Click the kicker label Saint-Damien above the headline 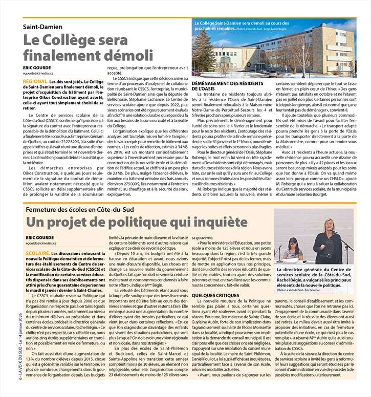pyautogui.click(x=43, y=27)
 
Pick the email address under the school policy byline pyautogui.click(x=45, y=244)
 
